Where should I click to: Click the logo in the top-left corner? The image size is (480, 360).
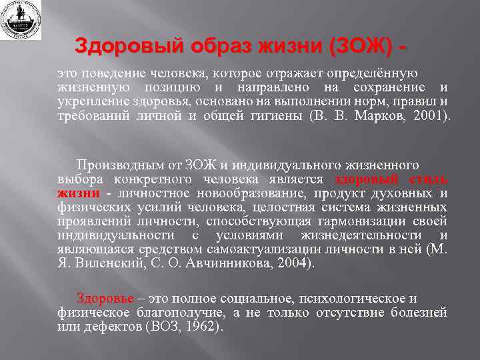[21, 20]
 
